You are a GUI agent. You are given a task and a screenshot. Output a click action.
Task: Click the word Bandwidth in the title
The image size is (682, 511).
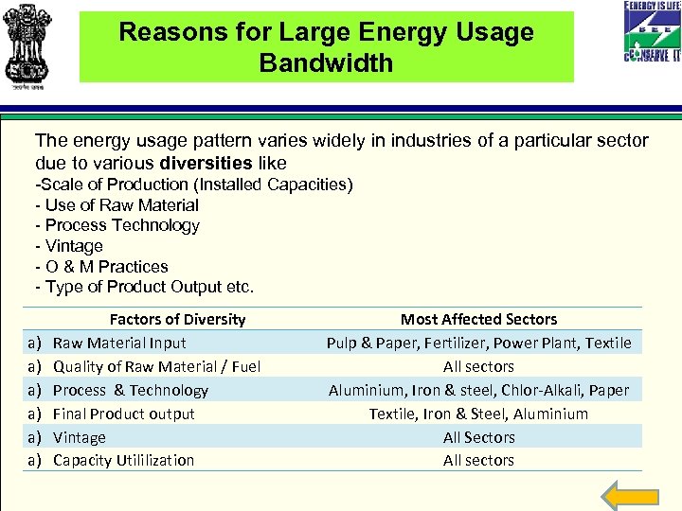pyautogui.click(x=326, y=63)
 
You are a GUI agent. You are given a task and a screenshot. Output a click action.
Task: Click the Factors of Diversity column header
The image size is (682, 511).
pyautogui.click(x=177, y=320)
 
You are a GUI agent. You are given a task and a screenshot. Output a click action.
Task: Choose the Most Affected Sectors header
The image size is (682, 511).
pyautogui.click(x=478, y=320)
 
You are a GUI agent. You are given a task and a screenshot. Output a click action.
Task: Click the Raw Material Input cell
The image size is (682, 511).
pyautogui.click(x=119, y=343)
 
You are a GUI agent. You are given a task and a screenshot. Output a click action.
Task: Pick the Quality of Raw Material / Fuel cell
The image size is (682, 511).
pyautogui.click(x=156, y=366)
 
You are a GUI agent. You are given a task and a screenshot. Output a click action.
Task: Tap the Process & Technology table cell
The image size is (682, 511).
pyautogui.click(x=131, y=390)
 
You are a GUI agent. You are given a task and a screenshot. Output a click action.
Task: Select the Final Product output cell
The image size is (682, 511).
pyautogui.click(x=124, y=414)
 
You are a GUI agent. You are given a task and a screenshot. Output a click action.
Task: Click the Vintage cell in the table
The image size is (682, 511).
pyautogui.click(x=80, y=437)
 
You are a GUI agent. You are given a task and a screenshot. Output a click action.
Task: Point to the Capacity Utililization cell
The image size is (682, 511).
pyautogui.click(x=123, y=461)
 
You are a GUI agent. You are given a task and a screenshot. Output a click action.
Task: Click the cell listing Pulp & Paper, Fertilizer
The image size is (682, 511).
pyautogui.click(x=478, y=343)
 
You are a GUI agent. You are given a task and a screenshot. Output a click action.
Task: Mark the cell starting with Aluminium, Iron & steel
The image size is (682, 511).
pyautogui.click(x=478, y=390)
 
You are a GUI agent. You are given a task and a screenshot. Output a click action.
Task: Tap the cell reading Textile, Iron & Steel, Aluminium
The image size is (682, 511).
pyautogui.click(x=478, y=414)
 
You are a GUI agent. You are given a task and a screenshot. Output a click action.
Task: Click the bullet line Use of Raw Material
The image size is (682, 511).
pyautogui.click(x=117, y=205)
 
